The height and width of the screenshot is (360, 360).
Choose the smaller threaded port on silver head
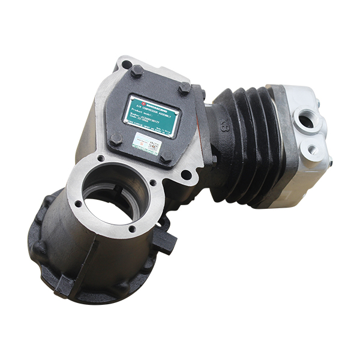point(311,149)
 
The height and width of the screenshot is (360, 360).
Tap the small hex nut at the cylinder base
point(214,159)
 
